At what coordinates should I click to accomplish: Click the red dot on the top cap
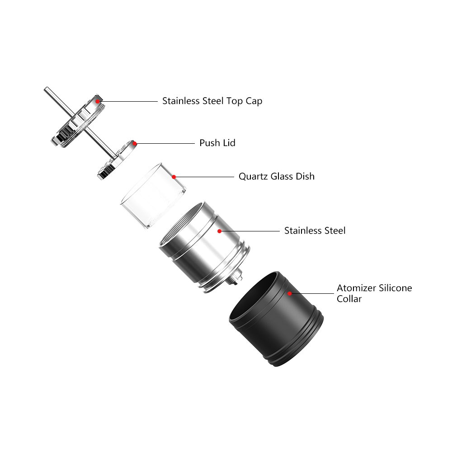(x=98, y=101)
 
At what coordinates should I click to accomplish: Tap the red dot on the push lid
(x=135, y=143)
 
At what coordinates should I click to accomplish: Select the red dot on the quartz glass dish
(x=174, y=176)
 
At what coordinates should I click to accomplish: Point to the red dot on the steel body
(x=219, y=231)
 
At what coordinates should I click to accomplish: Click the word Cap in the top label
(x=254, y=101)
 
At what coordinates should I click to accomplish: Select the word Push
(x=210, y=143)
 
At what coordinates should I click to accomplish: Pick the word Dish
(x=305, y=176)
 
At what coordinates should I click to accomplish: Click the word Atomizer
(x=355, y=288)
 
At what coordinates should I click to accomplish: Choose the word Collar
(x=349, y=299)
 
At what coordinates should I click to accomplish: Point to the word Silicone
(x=394, y=288)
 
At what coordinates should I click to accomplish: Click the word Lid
(x=229, y=143)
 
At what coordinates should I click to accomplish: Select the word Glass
(x=282, y=176)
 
